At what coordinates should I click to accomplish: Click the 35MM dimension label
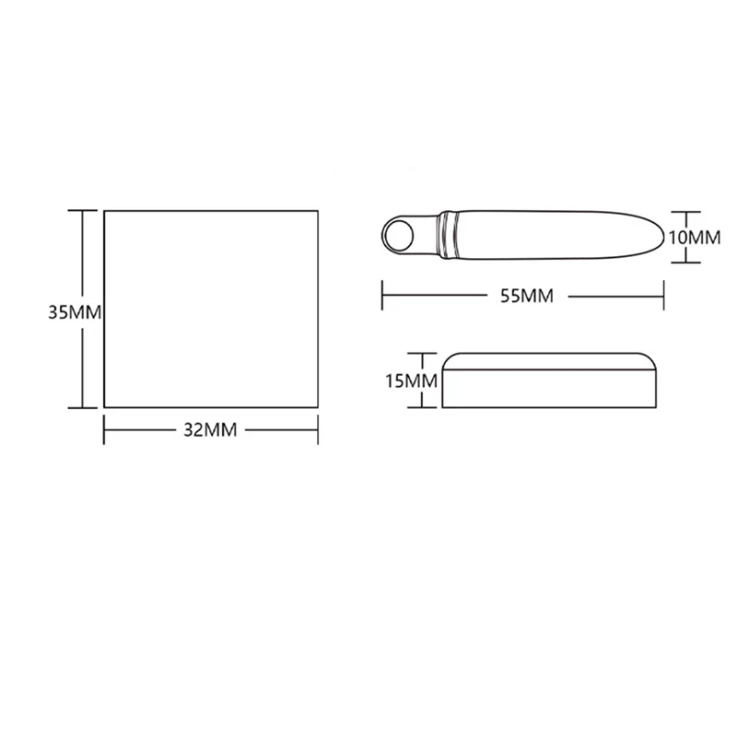click(74, 312)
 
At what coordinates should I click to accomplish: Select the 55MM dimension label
click(521, 296)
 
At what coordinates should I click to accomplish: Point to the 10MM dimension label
click(693, 237)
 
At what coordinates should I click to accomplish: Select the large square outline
click(211, 308)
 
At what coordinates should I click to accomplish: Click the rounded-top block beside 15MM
click(549, 379)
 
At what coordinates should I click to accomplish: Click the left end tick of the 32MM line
click(104, 428)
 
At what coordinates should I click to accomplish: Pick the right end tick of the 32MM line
click(319, 428)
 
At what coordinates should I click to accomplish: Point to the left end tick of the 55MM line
click(382, 296)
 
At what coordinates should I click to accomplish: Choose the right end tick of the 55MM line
click(663, 296)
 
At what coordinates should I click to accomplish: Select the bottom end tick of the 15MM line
click(422, 407)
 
